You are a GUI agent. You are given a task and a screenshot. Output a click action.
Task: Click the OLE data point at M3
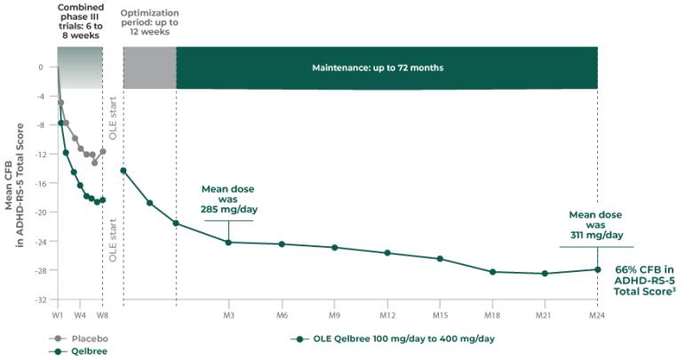coord(228,242)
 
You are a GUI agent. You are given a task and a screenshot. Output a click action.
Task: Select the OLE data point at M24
coord(597,269)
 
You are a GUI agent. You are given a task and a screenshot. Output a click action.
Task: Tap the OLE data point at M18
coord(492,271)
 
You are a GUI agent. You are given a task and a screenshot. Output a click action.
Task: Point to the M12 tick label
coord(387,316)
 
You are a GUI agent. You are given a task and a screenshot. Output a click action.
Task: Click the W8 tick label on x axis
coord(102,316)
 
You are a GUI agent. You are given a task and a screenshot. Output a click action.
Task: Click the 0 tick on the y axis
coord(41,68)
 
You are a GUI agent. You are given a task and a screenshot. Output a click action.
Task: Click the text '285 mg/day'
coord(228,211)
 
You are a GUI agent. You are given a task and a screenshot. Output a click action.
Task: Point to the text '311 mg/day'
coord(595,236)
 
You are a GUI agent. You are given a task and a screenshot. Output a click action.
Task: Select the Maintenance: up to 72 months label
coord(378,68)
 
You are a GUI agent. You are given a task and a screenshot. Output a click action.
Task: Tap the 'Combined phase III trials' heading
coord(80,20)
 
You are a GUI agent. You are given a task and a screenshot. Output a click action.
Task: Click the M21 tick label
coord(545,316)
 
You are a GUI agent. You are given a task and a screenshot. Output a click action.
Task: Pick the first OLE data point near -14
coord(123,171)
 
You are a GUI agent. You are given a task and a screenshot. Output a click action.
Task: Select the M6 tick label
coord(282,316)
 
